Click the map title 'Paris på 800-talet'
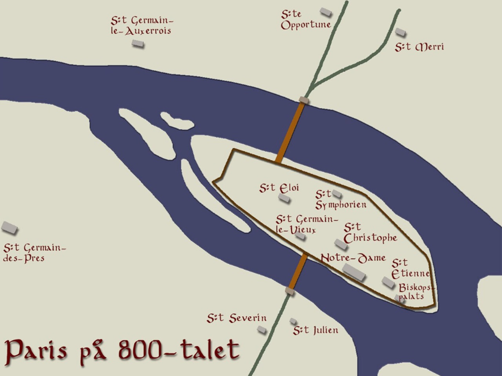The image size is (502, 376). click(x=122, y=349)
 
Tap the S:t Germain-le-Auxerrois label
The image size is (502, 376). click(x=141, y=25)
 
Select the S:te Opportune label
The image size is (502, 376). click(x=306, y=20)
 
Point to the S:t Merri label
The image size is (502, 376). click(x=419, y=47)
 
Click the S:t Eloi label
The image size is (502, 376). click(x=279, y=188)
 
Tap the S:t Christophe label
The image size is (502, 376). click(x=370, y=233)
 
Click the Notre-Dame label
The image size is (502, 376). click(x=353, y=258)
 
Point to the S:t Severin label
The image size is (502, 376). click(x=236, y=318)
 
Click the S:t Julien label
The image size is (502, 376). click(x=315, y=330)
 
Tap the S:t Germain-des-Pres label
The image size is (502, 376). click(x=33, y=253)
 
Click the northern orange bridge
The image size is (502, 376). click(x=291, y=131)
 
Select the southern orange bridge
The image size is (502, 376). click(x=297, y=271)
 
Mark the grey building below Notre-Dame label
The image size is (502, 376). click(x=354, y=272)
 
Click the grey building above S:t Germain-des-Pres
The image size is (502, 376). click(x=9, y=227)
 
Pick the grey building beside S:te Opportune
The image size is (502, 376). click(x=326, y=12)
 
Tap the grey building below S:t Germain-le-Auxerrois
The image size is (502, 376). click(x=137, y=43)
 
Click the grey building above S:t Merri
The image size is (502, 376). click(x=400, y=32)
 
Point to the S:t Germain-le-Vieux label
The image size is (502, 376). click(x=306, y=224)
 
